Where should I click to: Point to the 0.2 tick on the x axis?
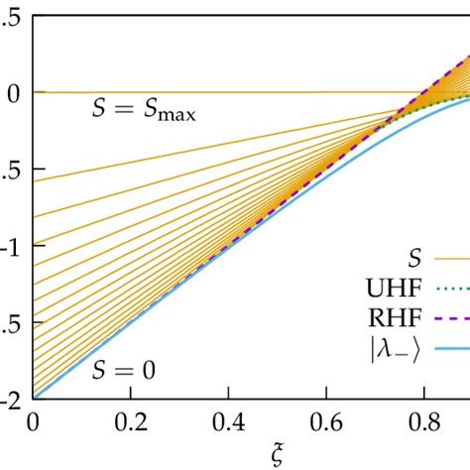click(x=131, y=420)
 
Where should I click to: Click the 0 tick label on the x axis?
click(x=35, y=420)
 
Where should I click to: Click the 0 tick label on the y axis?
click(x=14, y=92)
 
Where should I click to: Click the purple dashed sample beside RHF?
click(x=451, y=319)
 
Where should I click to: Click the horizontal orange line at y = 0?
click(x=248, y=92)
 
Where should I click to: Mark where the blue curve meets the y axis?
click(x=35, y=399)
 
